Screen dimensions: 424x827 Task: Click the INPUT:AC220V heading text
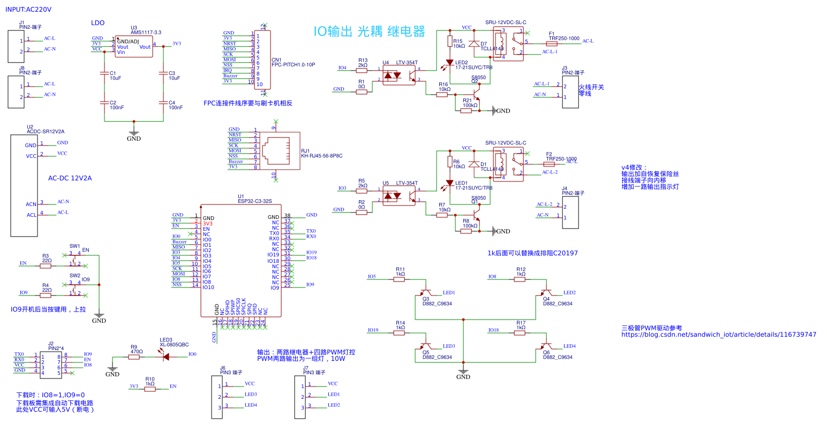pyautogui.click(x=28, y=10)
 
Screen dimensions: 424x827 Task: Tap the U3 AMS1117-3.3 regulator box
pyautogui.click(x=134, y=47)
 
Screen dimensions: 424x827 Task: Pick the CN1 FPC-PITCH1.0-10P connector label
pyautogui.click(x=293, y=65)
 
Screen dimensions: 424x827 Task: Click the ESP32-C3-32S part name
pyautogui.click(x=254, y=201)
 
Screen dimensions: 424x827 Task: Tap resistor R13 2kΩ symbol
pyautogui.click(x=363, y=69)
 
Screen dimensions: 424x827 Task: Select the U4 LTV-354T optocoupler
pyautogui.click(x=399, y=75)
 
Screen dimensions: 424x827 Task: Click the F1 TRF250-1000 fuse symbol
pyautogui.click(x=551, y=44)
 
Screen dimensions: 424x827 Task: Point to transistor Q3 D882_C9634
pyautogui.click(x=426, y=294)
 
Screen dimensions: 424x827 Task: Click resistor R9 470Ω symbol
pyautogui.click(x=133, y=357)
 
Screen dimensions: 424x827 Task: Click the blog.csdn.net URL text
pyautogui.click(x=718, y=335)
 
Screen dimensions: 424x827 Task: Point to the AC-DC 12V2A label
pyautogui.click(x=70, y=178)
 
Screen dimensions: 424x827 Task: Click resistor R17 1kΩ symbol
pyautogui.click(x=520, y=333)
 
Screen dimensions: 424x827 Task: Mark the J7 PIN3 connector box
pyautogui.click(x=300, y=397)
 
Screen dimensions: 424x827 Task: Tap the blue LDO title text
pyautogui.click(x=97, y=23)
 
